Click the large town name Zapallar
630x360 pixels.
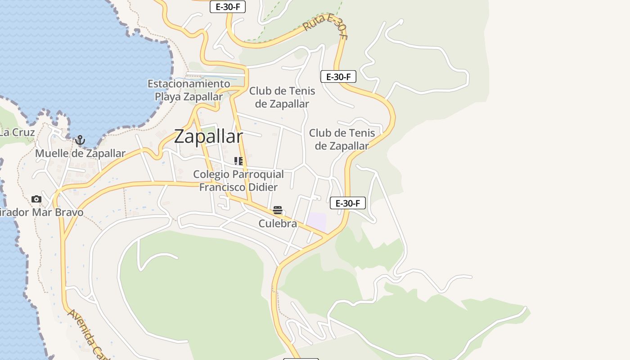[208, 136]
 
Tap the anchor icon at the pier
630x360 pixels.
[80, 140]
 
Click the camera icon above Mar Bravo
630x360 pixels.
[36, 199]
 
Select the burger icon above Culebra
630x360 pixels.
[277, 210]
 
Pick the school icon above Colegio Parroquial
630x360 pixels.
[238, 161]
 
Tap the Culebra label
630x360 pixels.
[278, 224]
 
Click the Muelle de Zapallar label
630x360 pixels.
[80, 153]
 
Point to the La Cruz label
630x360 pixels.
[17, 132]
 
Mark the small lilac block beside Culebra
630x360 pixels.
[316, 221]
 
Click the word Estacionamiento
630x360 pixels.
[189, 84]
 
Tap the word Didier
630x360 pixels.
[263, 187]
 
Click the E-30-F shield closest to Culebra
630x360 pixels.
[347, 203]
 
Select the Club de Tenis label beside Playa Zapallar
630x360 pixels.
[282, 97]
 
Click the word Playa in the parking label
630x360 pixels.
[168, 97]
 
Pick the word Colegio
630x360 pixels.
[210, 174]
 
